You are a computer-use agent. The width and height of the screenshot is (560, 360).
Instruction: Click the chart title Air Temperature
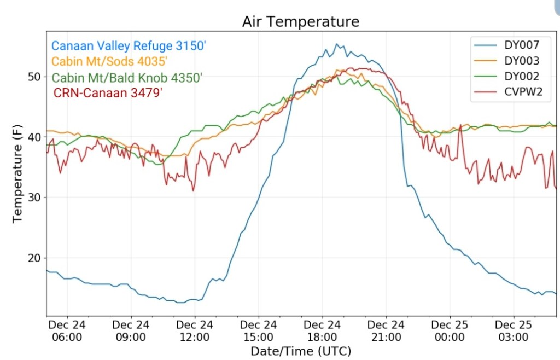301,21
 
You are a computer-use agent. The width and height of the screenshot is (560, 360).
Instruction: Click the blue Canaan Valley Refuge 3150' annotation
129,46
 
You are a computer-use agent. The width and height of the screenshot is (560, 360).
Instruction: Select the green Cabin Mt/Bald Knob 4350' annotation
127,77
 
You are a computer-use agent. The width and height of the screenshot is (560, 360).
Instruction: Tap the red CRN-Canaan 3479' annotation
108,92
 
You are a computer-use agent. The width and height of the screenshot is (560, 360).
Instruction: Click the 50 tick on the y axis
34,77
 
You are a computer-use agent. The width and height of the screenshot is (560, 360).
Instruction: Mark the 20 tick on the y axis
34,258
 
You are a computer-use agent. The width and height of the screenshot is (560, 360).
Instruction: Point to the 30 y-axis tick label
34,198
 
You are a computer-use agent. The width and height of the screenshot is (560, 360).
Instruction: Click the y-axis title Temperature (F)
17,173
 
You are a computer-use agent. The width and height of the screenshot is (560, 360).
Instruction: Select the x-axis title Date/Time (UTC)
301,351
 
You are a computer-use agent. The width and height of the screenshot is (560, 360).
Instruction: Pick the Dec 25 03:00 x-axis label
514,330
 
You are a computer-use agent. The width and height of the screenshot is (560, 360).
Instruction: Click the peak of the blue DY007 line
337,44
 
